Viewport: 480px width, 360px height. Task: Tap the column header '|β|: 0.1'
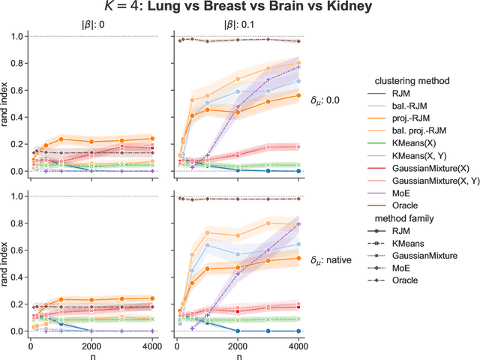(x=238, y=24)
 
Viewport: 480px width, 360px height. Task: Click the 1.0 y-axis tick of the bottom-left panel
(x=16, y=196)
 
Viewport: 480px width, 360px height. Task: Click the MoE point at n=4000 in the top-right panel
(x=298, y=67)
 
